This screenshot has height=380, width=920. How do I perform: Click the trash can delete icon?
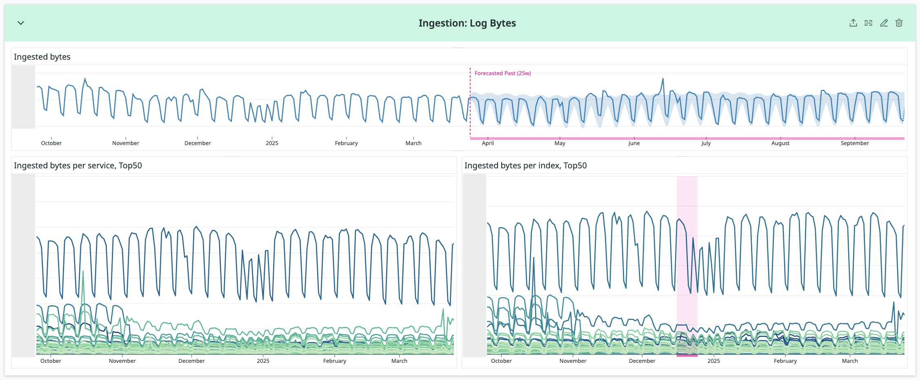coord(899,23)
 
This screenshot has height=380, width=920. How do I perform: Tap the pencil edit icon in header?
coord(884,23)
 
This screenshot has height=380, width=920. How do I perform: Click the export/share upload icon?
coord(853,23)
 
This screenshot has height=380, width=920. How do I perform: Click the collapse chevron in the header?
coord(21,23)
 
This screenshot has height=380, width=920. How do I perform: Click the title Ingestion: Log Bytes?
coord(467,23)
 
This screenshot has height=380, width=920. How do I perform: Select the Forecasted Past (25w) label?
coord(502,73)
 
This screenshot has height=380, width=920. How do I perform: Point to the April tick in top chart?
coord(488,143)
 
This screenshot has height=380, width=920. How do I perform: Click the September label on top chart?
coord(855,143)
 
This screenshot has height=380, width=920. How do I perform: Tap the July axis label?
coord(706,143)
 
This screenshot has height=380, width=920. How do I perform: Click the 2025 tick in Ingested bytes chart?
coord(272,143)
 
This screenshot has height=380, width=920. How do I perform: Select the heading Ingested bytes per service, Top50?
coord(78,165)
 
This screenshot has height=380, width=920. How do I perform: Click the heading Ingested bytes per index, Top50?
coord(525,165)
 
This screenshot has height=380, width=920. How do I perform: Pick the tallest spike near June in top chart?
coord(663,79)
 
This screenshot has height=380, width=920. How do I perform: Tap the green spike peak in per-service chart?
coord(83,271)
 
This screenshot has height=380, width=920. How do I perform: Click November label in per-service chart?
coord(122,361)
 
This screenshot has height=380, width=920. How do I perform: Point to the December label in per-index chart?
coord(642,361)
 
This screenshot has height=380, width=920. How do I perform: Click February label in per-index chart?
coord(785,361)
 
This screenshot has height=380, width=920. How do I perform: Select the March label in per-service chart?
coord(399,361)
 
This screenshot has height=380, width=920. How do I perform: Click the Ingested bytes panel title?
coord(42,57)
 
